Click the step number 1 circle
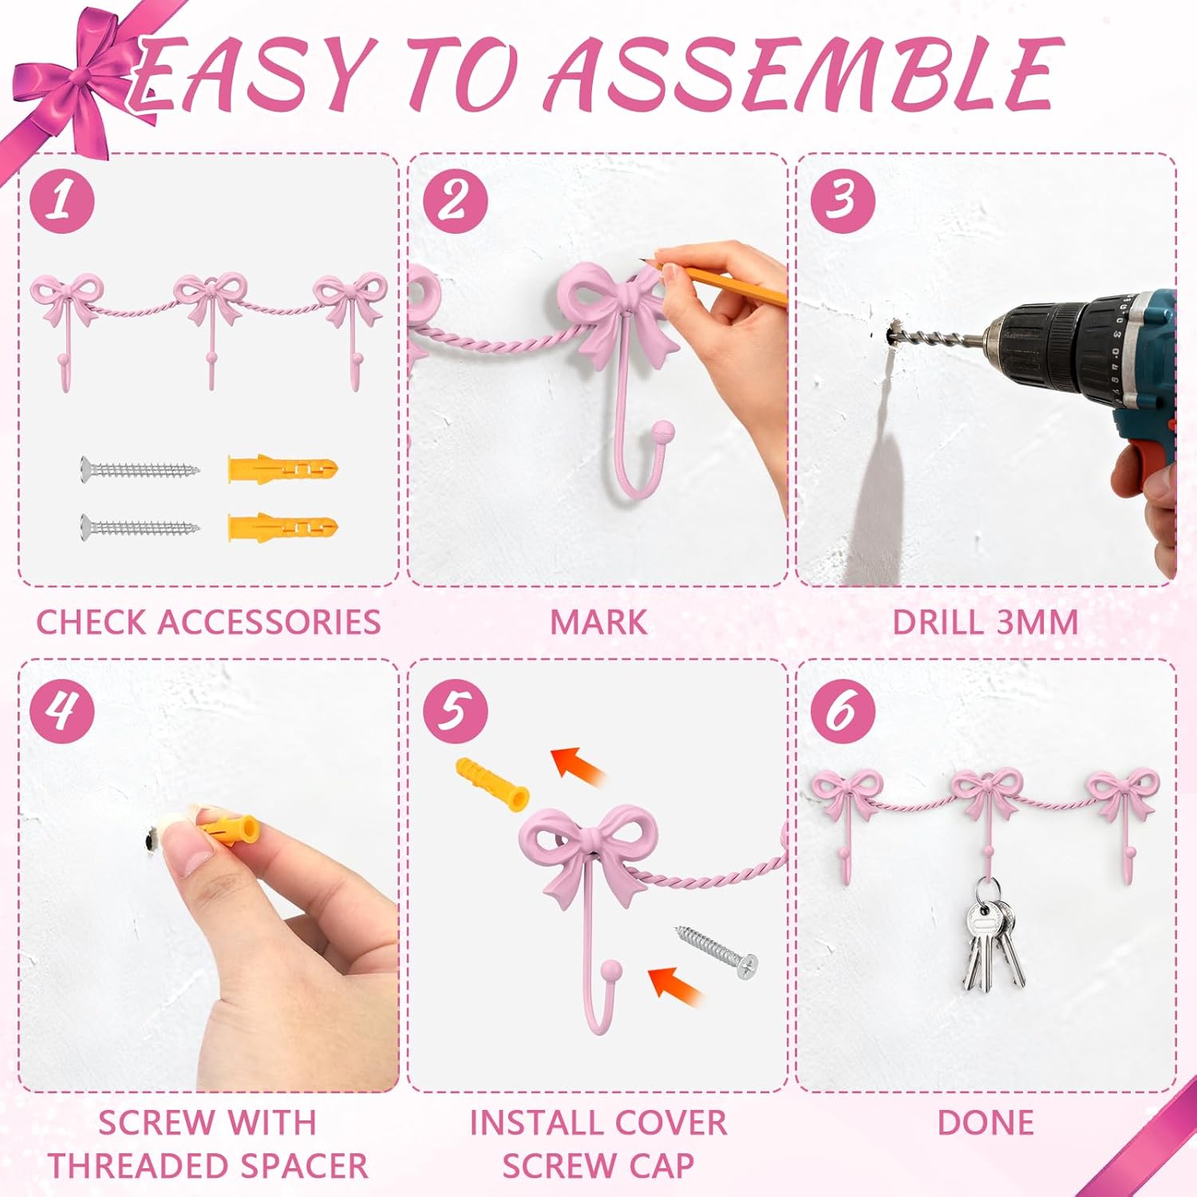click(x=62, y=199)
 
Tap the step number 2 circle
click(x=455, y=199)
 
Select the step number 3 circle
click(x=843, y=199)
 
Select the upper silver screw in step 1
click(x=140, y=468)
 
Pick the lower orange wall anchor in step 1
click(x=283, y=527)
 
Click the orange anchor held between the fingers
click(x=227, y=830)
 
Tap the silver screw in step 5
click(x=717, y=952)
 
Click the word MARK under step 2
click(x=598, y=622)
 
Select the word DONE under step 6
click(x=986, y=1123)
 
